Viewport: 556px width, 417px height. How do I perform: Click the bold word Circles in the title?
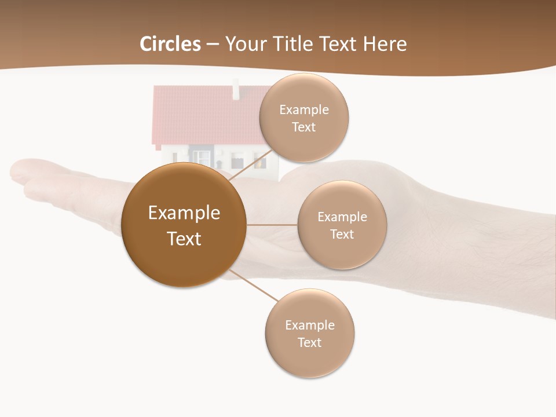(x=170, y=44)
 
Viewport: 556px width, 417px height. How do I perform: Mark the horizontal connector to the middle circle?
(x=272, y=225)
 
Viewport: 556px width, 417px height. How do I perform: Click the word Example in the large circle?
(x=184, y=213)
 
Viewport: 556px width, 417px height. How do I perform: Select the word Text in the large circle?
(x=184, y=239)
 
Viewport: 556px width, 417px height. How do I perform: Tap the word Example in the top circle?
(x=303, y=109)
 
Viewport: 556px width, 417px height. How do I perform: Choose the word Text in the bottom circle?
(x=309, y=342)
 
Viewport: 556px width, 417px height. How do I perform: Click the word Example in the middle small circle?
(x=342, y=217)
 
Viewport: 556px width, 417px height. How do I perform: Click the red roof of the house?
(x=203, y=116)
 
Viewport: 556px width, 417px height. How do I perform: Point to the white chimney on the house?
(x=236, y=89)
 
